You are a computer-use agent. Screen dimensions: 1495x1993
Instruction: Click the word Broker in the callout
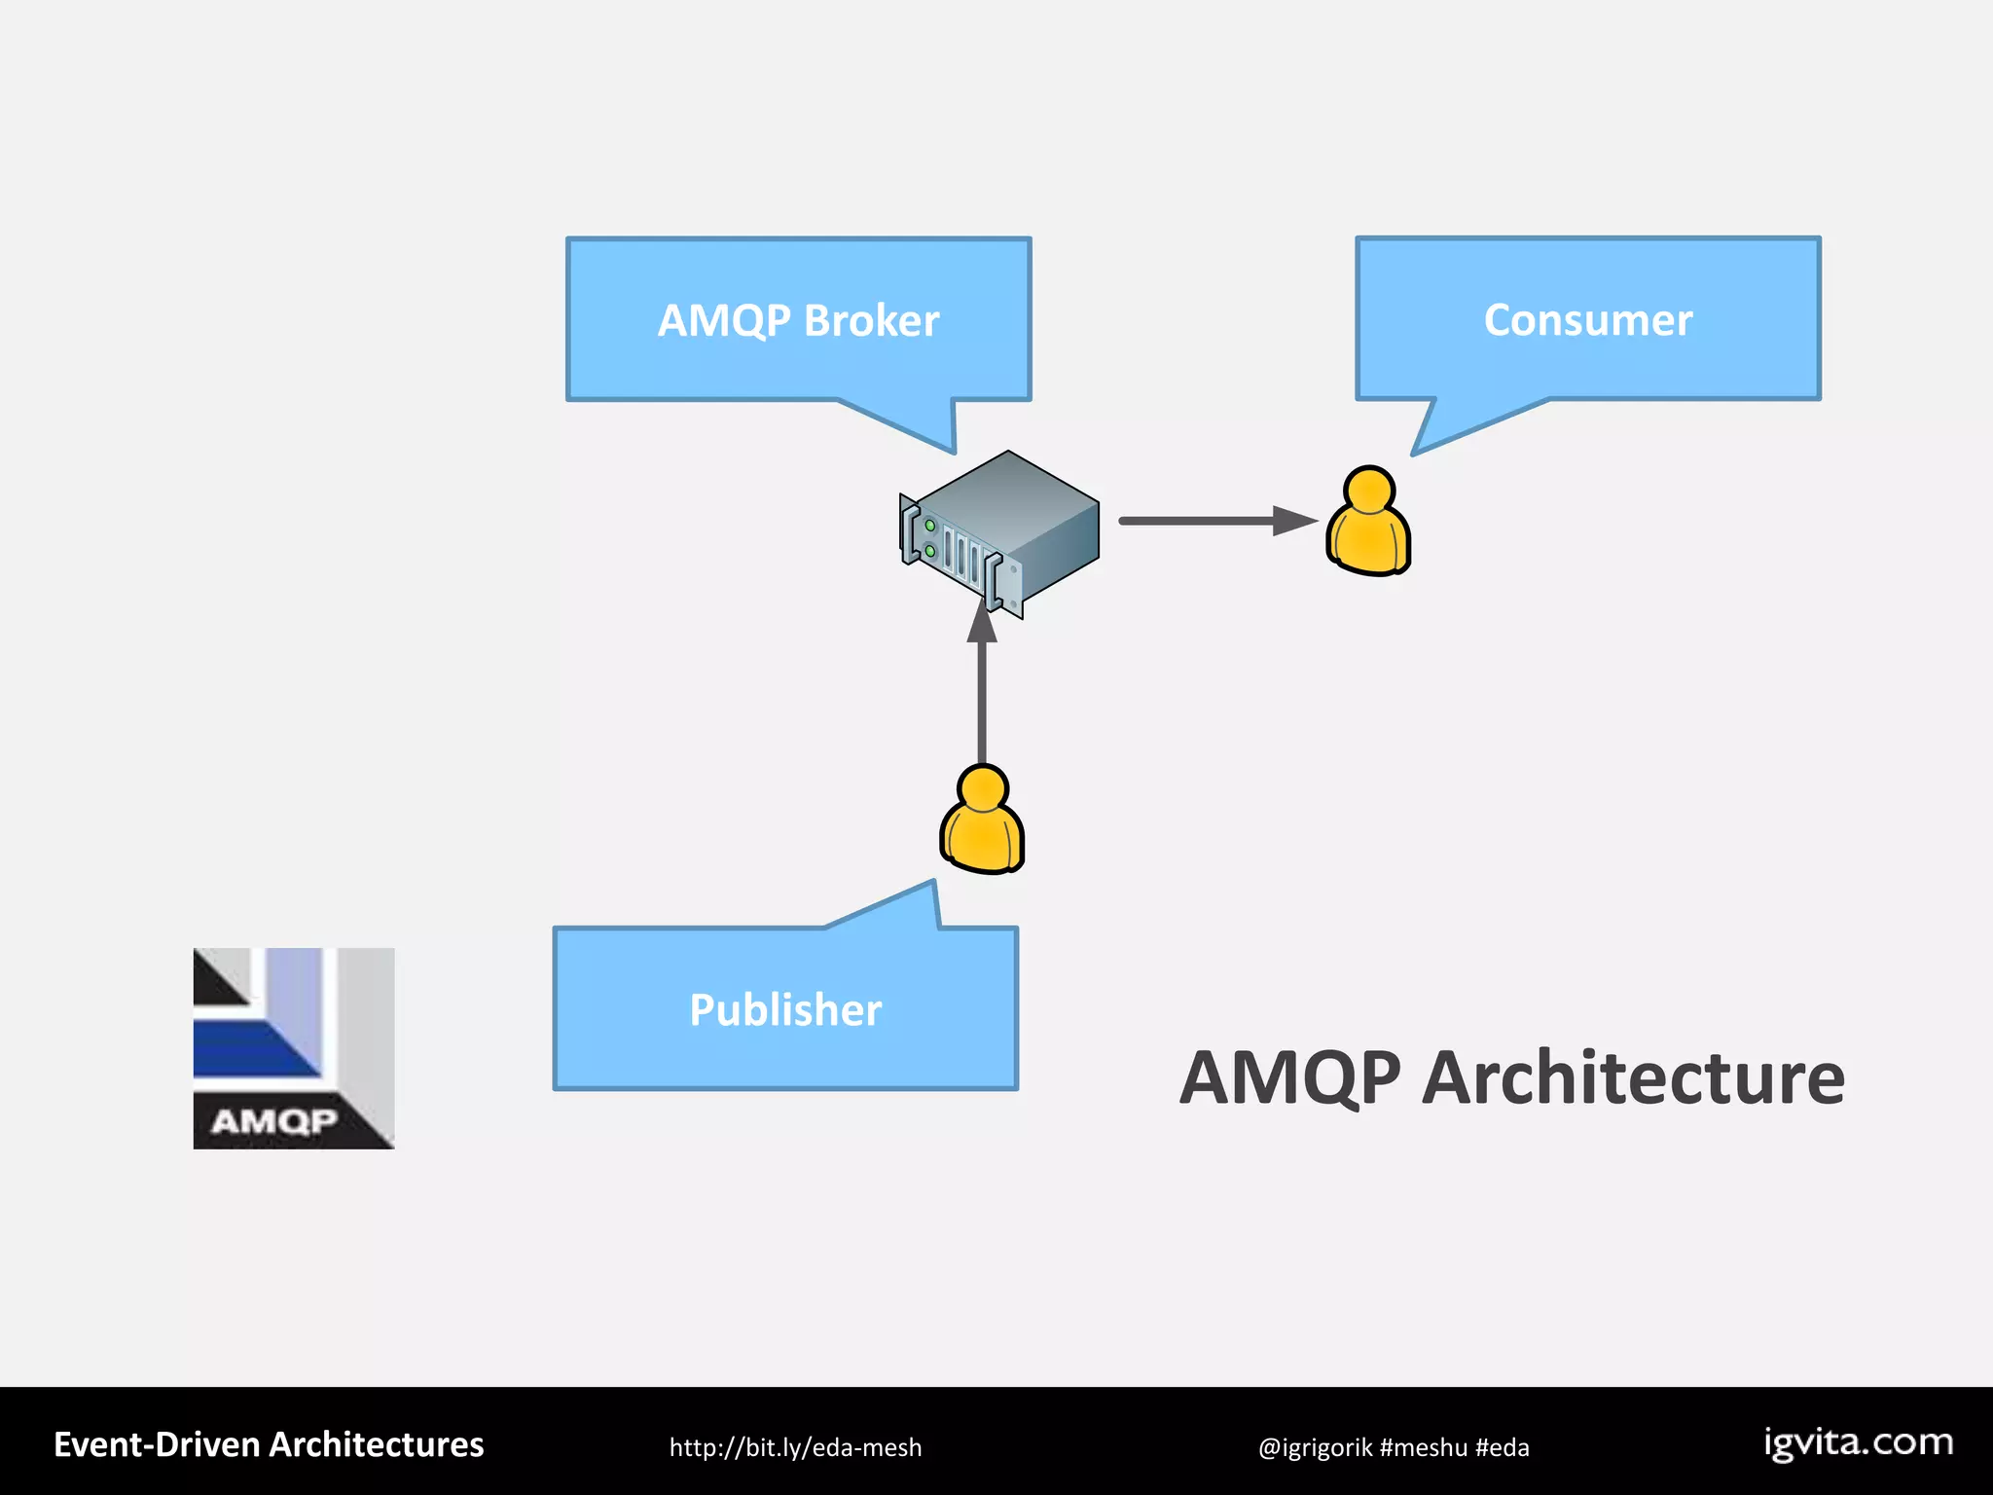(x=871, y=321)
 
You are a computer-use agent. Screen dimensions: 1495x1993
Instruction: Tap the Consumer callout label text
(x=1588, y=320)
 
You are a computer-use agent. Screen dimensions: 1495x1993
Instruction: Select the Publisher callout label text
(x=785, y=1009)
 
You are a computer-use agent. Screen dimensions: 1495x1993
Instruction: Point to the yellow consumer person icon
(x=1368, y=524)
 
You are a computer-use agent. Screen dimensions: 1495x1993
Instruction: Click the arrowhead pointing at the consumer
(x=1294, y=521)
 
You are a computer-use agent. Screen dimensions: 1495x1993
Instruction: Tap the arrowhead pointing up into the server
(x=982, y=621)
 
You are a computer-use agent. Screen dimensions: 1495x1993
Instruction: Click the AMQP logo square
(x=294, y=1048)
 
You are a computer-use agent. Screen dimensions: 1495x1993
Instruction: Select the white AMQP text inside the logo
(x=273, y=1122)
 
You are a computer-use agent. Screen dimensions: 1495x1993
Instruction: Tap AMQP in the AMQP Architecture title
(x=1290, y=1078)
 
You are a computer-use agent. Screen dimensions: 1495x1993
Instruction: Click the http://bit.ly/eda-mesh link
(x=795, y=1447)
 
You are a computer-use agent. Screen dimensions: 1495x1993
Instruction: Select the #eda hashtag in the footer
(x=1502, y=1447)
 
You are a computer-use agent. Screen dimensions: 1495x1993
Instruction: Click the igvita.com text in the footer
(x=1858, y=1442)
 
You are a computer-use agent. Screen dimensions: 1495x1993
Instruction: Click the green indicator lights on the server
(x=930, y=538)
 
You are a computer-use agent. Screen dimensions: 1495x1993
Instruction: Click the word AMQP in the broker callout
(x=724, y=321)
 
